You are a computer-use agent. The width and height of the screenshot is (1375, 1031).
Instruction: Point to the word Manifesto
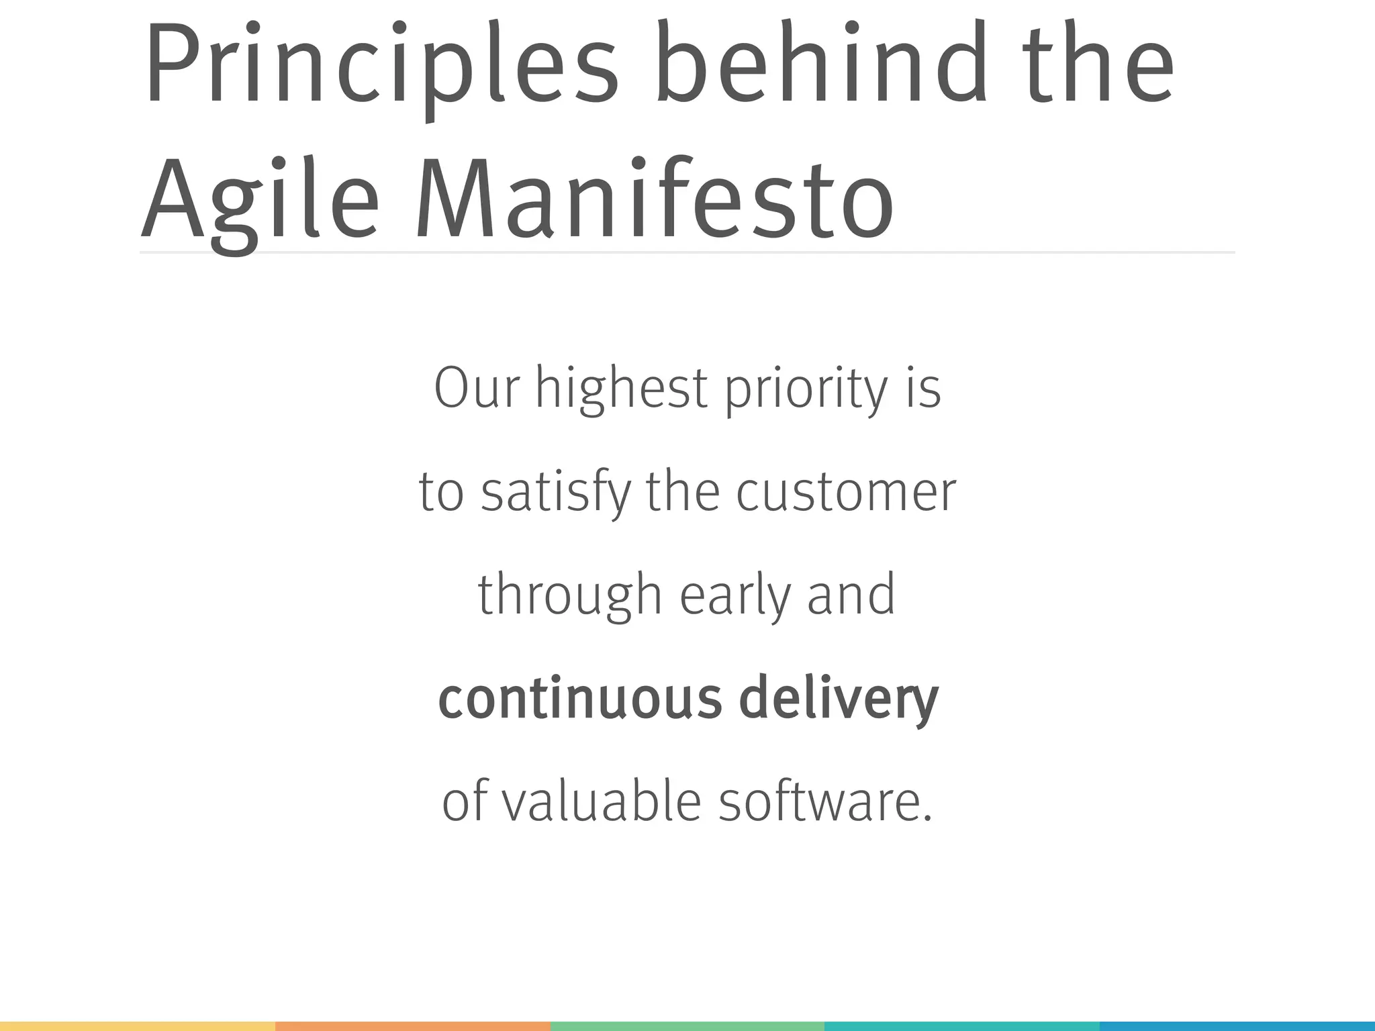(655, 198)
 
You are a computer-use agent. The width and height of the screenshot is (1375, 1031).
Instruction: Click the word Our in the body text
(477, 388)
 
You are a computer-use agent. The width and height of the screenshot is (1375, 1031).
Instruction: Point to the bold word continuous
(580, 698)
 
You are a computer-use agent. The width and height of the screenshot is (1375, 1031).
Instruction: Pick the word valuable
(602, 801)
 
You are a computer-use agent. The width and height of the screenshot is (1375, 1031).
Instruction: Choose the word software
(826, 801)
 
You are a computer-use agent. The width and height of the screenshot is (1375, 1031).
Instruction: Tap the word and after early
(851, 595)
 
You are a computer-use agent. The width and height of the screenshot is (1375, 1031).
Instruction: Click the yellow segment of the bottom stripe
(138, 1026)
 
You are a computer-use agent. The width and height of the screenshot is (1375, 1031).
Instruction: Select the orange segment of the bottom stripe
(412, 1026)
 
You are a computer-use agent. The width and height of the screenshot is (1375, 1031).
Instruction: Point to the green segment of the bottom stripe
(687, 1026)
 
